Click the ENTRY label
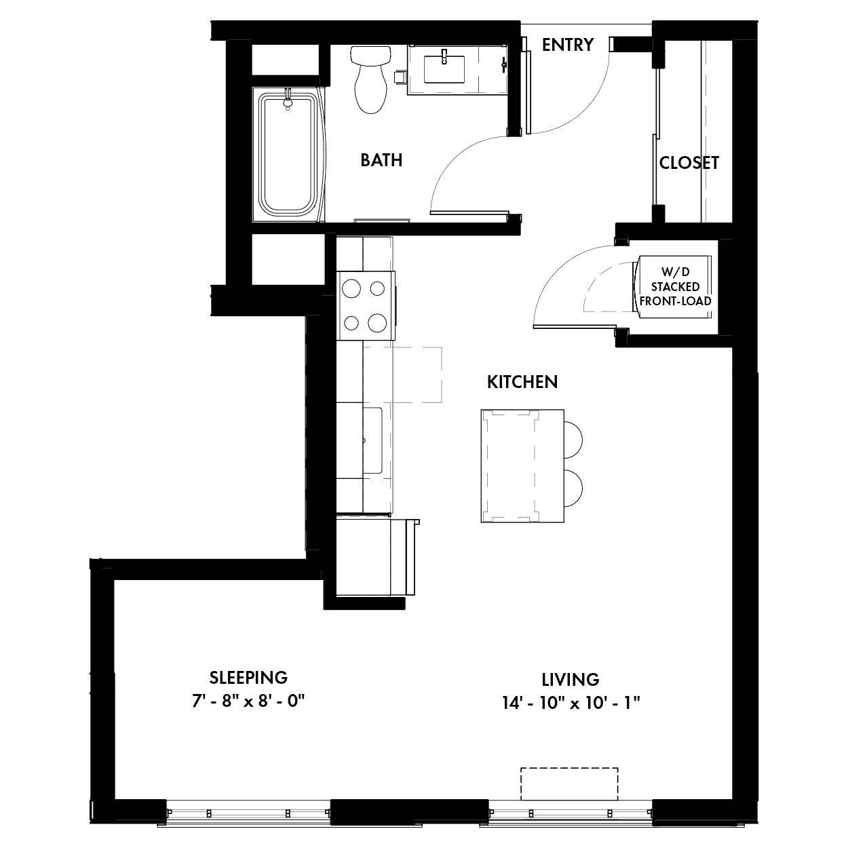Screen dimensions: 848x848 (567, 45)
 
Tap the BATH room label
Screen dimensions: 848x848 (381, 160)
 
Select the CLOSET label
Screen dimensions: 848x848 (689, 163)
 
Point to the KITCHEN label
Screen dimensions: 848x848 (522, 382)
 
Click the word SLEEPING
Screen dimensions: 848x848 (248, 677)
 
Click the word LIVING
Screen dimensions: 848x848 (570, 679)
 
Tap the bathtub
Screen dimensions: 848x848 (288, 155)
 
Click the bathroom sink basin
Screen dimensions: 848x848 (444, 66)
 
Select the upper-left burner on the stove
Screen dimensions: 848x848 (351, 289)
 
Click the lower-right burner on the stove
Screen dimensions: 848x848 (377, 324)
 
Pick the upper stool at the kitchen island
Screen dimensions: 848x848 (573, 438)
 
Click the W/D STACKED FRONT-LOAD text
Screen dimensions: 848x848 (676, 286)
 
